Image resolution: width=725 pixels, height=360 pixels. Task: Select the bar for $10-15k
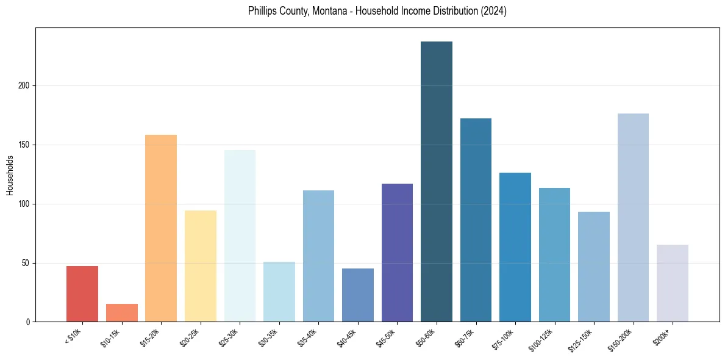tap(122, 313)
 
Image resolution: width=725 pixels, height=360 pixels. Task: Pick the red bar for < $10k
tap(82, 294)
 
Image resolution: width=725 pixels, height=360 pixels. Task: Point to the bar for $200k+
tap(673, 283)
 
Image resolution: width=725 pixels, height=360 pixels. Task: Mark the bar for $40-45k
tap(358, 295)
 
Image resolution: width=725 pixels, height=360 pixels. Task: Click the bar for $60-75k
tap(476, 220)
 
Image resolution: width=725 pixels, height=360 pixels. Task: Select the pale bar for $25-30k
tap(240, 236)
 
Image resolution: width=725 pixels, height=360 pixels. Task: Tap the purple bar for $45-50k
tap(397, 253)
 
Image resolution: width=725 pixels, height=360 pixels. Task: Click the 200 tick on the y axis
tap(24, 86)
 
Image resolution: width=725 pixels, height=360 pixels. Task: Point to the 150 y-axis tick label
tap(24, 145)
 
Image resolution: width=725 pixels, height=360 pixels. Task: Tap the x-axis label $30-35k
tap(268, 337)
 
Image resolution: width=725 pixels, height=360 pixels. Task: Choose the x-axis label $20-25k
tap(190, 337)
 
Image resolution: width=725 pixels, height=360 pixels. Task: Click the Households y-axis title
tap(10, 175)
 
